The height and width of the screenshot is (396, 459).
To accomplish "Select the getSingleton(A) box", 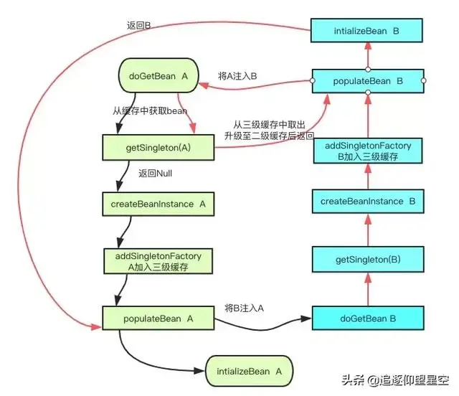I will (x=157, y=150).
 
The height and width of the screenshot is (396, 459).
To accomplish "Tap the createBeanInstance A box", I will (x=158, y=204).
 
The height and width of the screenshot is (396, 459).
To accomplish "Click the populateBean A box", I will (x=158, y=317).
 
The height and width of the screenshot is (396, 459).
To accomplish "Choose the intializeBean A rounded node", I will (x=248, y=371).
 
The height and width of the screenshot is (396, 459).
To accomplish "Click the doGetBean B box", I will (x=368, y=318).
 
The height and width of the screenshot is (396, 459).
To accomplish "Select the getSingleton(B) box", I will (x=368, y=259).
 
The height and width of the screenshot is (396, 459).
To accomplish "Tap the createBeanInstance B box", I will (x=368, y=202).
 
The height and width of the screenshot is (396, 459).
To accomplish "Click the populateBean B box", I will (x=368, y=81).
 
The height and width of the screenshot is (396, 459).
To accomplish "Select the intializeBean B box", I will (x=366, y=31).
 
